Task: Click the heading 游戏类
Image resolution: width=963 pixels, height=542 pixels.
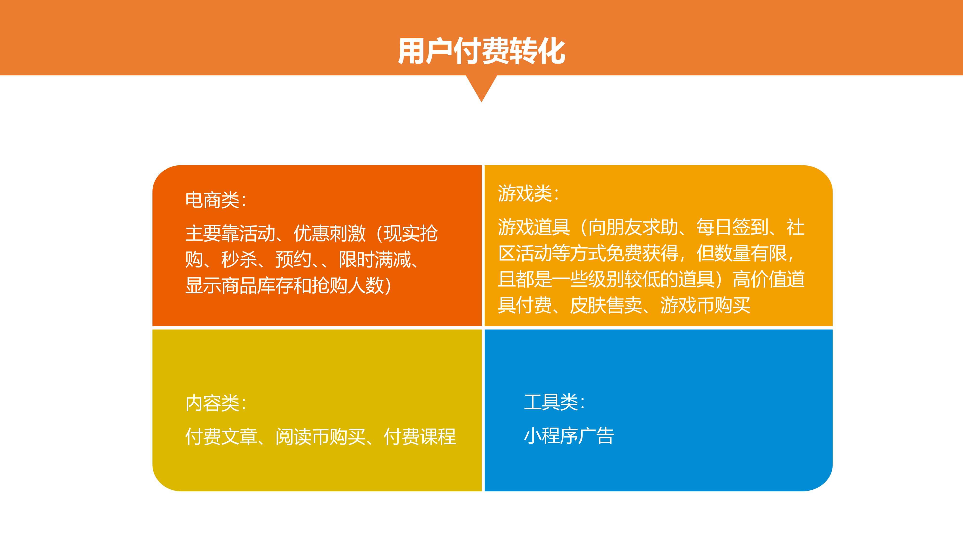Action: (525, 193)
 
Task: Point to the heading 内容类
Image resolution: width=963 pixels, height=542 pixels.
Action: (212, 403)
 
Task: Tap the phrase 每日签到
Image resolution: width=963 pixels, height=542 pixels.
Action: (732, 227)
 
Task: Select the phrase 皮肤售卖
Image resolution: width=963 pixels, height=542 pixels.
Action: (606, 305)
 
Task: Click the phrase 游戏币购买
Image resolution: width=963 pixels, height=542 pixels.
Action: (705, 305)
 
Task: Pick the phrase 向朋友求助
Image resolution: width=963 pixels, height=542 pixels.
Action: (633, 227)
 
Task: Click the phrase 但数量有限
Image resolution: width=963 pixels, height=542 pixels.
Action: (741, 253)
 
